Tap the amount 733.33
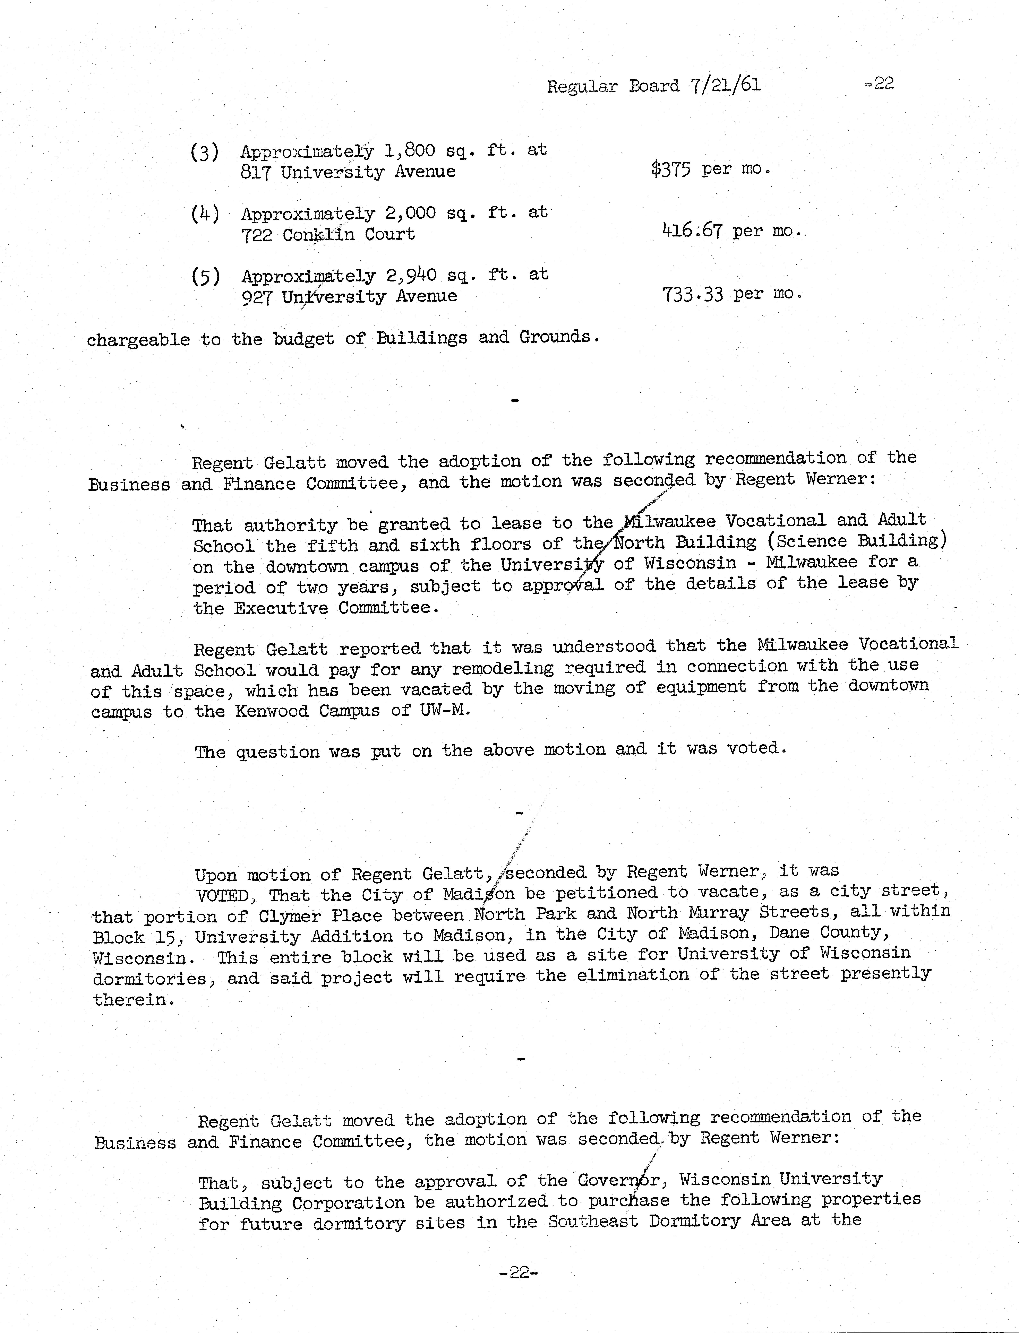pos(693,294)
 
